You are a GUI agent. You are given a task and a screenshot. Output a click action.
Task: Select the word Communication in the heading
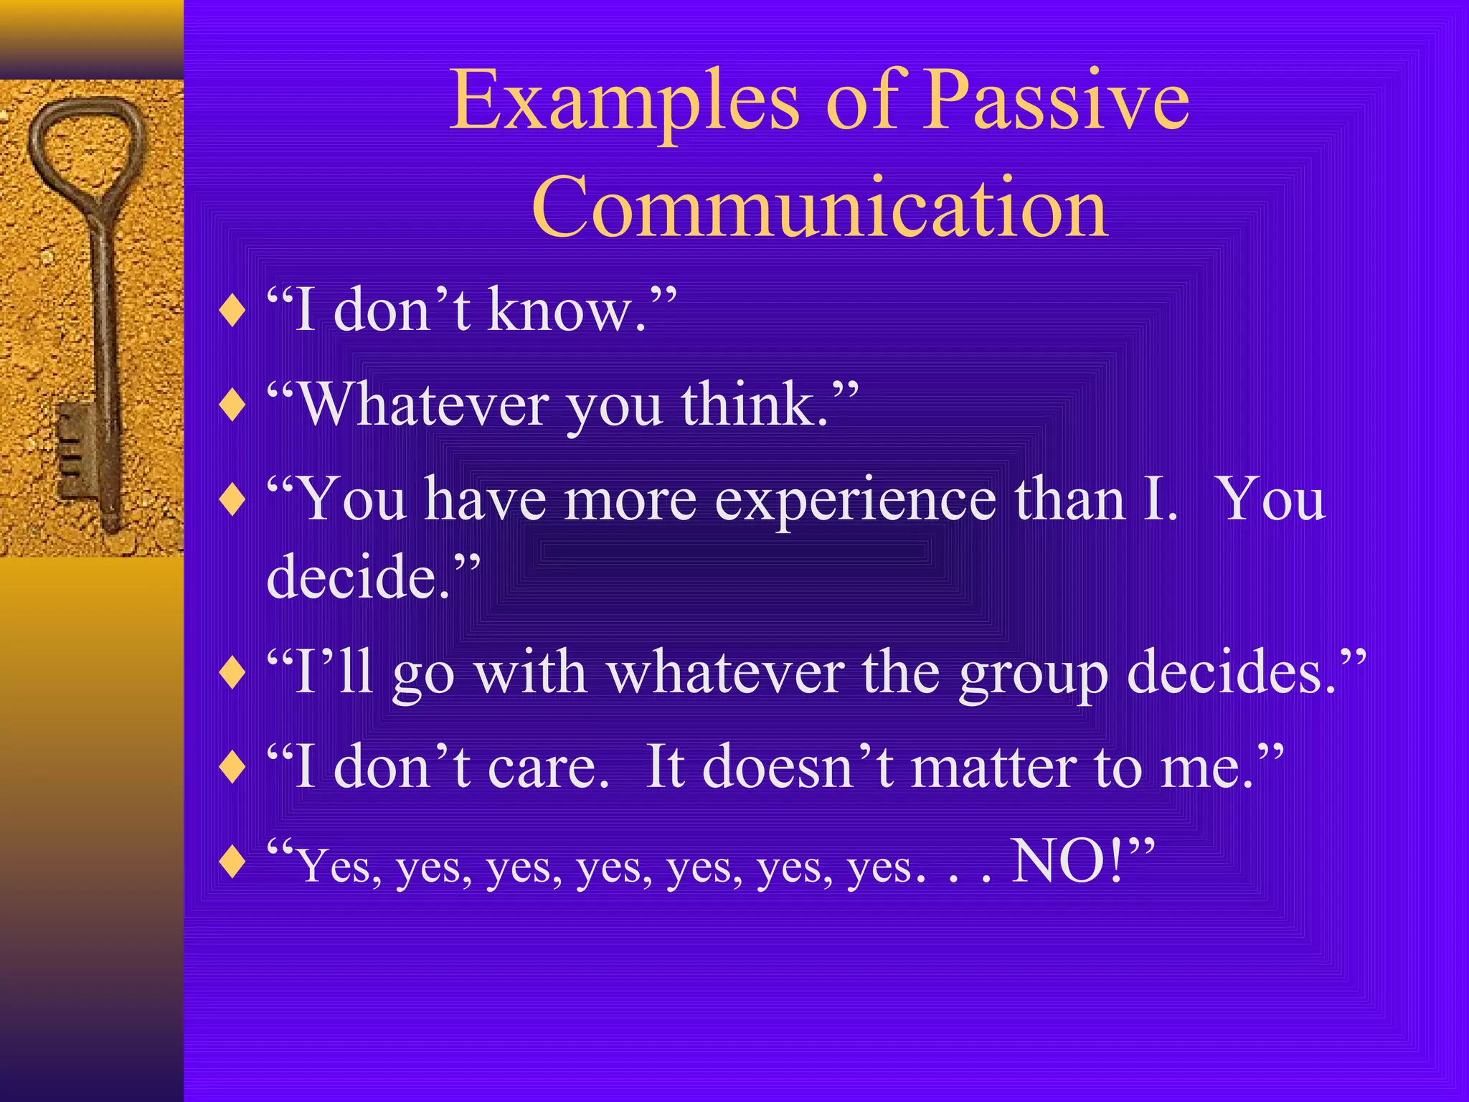click(820, 208)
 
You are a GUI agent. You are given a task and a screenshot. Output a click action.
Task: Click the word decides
click(1231, 673)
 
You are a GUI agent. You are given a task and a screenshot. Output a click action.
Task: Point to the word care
click(548, 768)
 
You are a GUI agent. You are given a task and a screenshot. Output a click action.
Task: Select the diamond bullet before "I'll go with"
click(232, 674)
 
